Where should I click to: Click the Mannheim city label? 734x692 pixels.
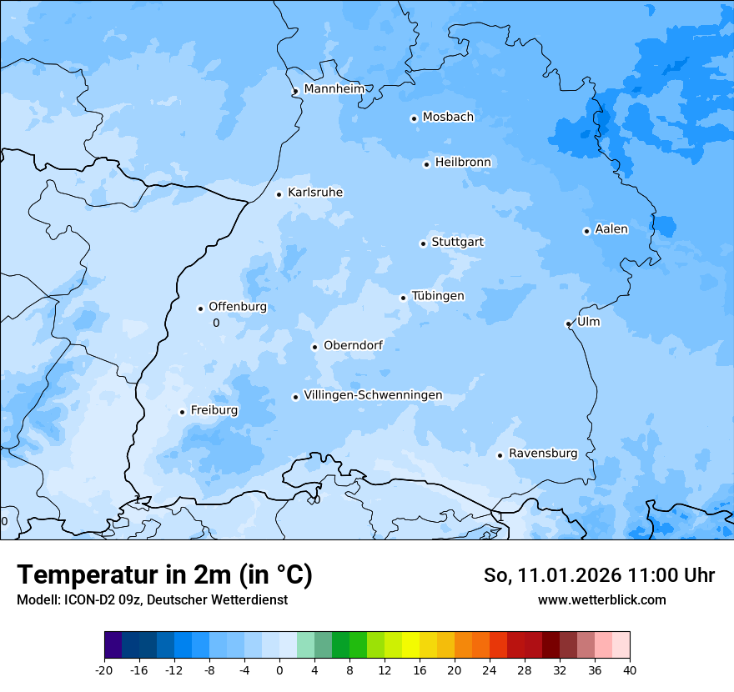pyautogui.click(x=334, y=88)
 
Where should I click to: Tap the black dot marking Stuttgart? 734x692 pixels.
pyautogui.click(x=423, y=243)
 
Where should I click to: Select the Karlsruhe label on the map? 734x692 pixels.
pyautogui.click(x=315, y=193)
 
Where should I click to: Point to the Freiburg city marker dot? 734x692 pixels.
pyautogui.click(x=182, y=412)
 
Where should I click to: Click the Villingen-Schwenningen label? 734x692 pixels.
pyautogui.click(x=373, y=395)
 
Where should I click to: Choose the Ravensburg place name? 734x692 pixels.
pyautogui.click(x=543, y=454)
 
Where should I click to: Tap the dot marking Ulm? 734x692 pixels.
pyautogui.click(x=568, y=323)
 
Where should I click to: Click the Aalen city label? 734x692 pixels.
pyautogui.click(x=611, y=229)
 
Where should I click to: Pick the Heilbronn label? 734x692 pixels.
pyautogui.click(x=463, y=162)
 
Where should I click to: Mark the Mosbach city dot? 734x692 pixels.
pyautogui.click(x=414, y=118)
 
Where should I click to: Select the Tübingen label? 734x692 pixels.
pyautogui.click(x=438, y=296)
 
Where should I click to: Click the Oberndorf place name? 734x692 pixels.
pyautogui.click(x=353, y=345)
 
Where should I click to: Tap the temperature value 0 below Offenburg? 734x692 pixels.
pyautogui.click(x=216, y=323)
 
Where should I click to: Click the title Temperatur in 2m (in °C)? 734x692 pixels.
pyautogui.click(x=164, y=574)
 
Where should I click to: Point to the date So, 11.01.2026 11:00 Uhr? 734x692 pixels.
pyautogui.click(x=599, y=575)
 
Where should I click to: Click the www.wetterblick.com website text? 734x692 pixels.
pyautogui.click(x=601, y=599)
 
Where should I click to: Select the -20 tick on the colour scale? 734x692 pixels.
pyautogui.click(x=104, y=669)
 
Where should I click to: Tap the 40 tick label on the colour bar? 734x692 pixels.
pyautogui.click(x=630, y=669)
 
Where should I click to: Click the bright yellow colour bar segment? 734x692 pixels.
pyautogui.click(x=410, y=645)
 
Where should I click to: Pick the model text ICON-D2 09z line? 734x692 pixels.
pyautogui.click(x=152, y=599)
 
